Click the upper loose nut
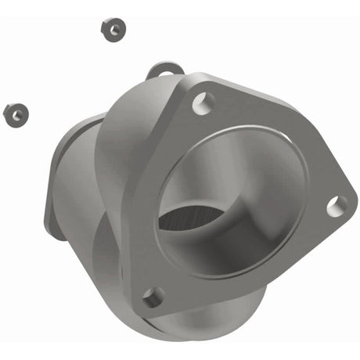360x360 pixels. coord(113,29)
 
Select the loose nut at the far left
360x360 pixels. coord(14,114)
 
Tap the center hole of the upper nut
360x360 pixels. coord(113,29)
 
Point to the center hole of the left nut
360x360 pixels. coord(14,114)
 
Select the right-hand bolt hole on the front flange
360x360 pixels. coord(337,206)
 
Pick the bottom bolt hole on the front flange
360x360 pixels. coord(153,297)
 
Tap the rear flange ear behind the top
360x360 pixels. coord(160,72)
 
